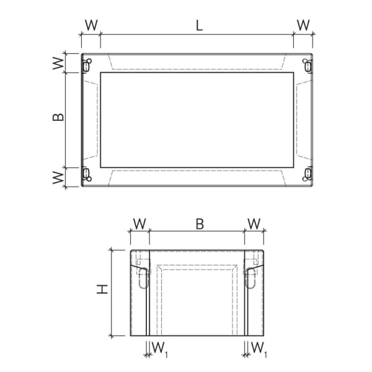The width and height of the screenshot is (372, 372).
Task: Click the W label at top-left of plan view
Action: [91, 25]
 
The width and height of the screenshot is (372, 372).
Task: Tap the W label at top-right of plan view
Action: [303, 25]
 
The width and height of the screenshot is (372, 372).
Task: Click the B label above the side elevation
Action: [200, 224]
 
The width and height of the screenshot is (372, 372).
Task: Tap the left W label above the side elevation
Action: [140, 224]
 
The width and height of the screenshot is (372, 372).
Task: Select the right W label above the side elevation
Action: [254, 224]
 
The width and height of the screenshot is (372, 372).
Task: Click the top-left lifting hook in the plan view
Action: [87, 64]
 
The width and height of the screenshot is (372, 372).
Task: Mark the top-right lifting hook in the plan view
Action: [308, 64]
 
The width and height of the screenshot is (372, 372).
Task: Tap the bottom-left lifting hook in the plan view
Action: [87, 174]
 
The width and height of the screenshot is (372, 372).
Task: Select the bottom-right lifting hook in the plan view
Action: [308, 174]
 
